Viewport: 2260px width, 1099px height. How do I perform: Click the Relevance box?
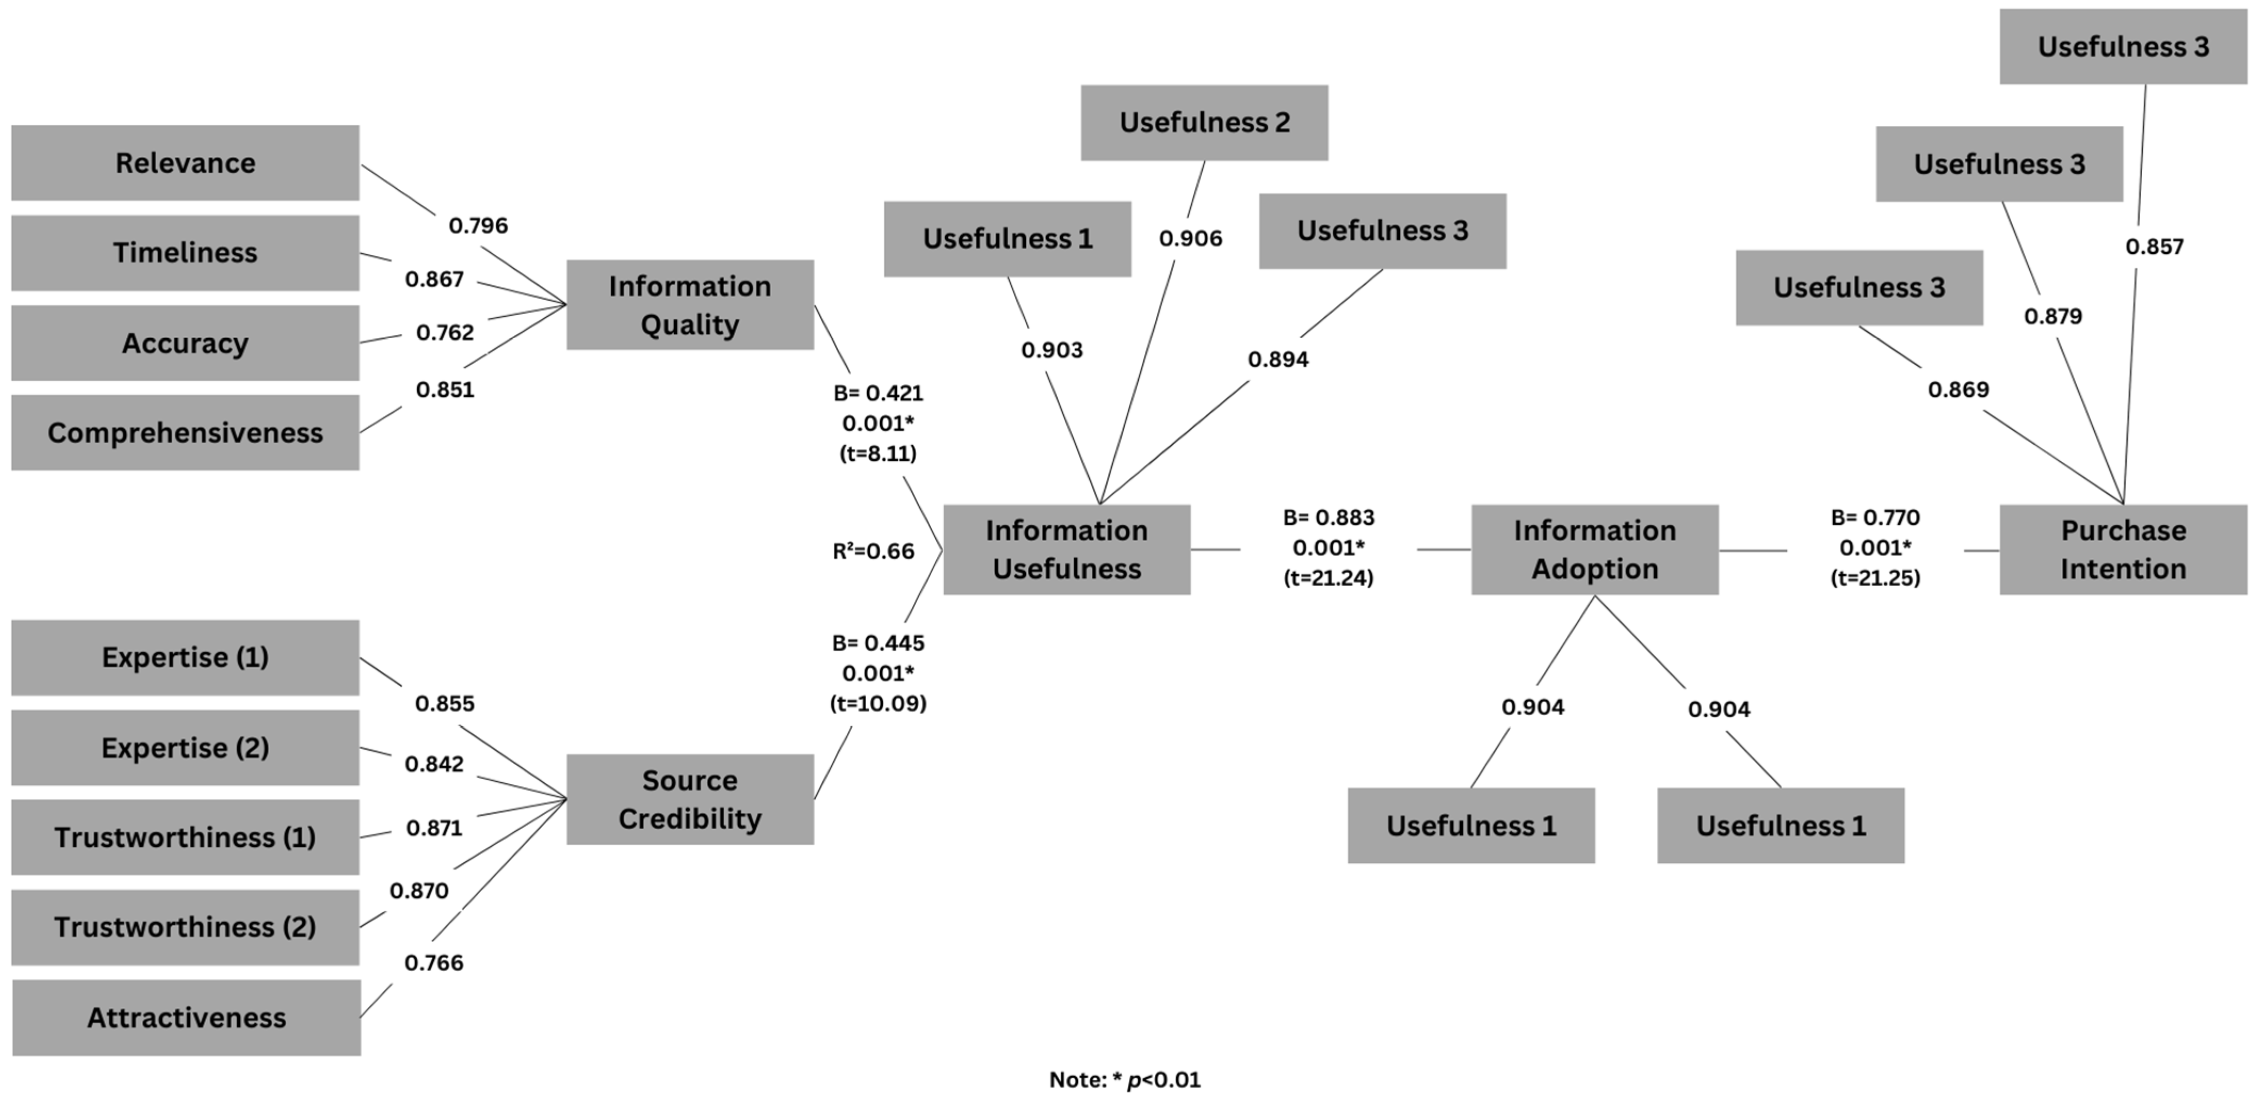point(185,163)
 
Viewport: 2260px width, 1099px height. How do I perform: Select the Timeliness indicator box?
point(185,253)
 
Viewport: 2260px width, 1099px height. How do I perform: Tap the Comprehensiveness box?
point(185,433)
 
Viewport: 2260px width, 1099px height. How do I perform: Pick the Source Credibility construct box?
point(690,800)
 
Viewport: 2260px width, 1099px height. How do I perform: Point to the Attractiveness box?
point(186,1017)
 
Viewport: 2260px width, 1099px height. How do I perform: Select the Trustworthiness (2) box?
point(185,927)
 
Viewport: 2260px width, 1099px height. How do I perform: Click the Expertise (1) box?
point(185,657)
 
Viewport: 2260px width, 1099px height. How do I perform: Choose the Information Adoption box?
point(1594,549)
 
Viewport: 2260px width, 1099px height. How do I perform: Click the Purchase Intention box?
point(2123,549)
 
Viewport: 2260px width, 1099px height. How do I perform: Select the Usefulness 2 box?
point(1204,123)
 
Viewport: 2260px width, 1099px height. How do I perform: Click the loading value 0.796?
point(478,226)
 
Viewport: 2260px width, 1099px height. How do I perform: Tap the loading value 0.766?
point(433,963)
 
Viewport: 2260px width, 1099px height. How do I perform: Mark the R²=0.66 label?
point(873,551)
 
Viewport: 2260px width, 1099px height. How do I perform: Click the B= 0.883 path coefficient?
point(1329,518)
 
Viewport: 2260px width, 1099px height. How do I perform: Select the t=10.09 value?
point(877,703)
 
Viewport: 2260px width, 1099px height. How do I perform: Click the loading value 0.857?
point(2154,247)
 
